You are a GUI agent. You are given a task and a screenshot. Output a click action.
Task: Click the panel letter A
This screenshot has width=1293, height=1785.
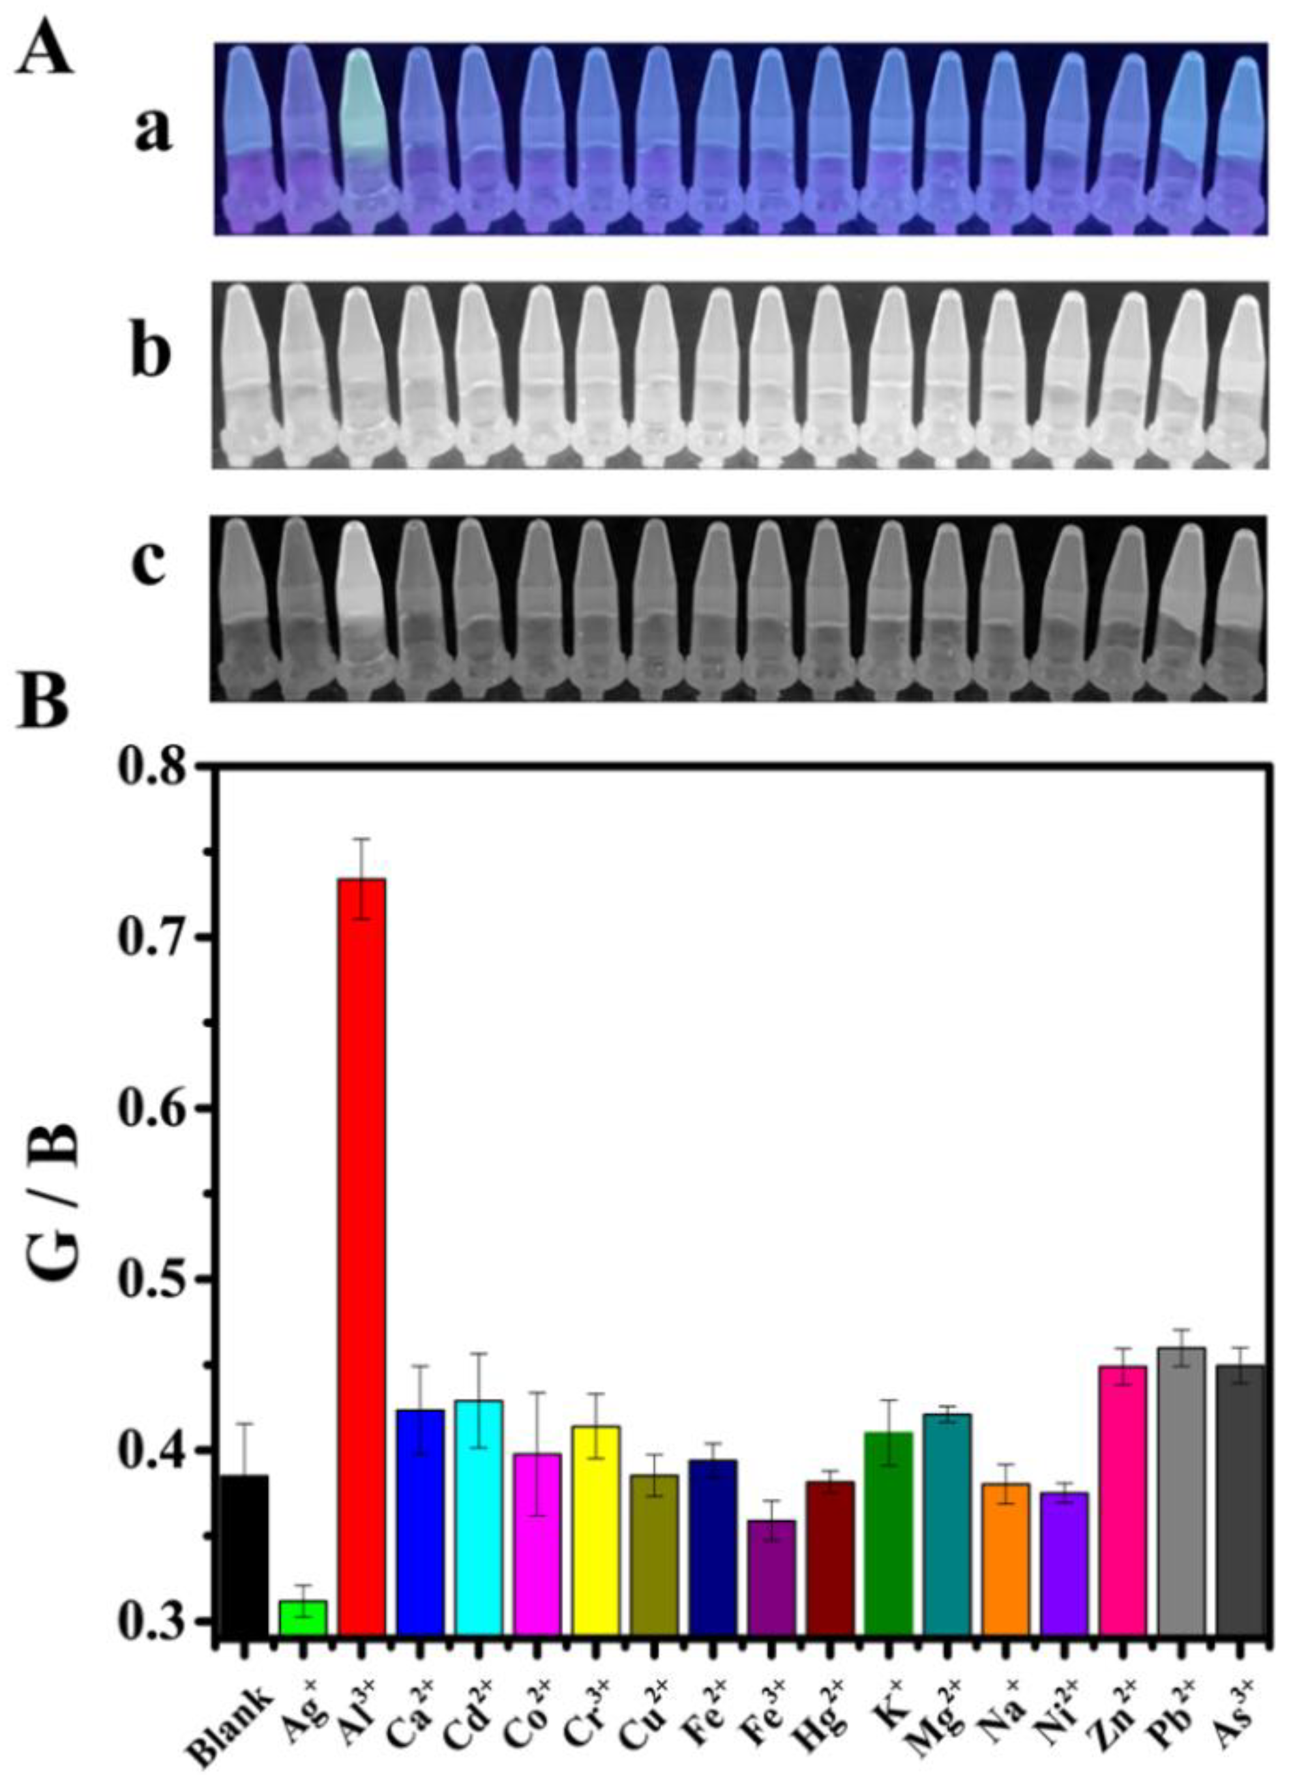pos(46,49)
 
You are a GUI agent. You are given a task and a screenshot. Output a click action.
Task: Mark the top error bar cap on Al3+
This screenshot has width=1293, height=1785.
pos(361,840)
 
